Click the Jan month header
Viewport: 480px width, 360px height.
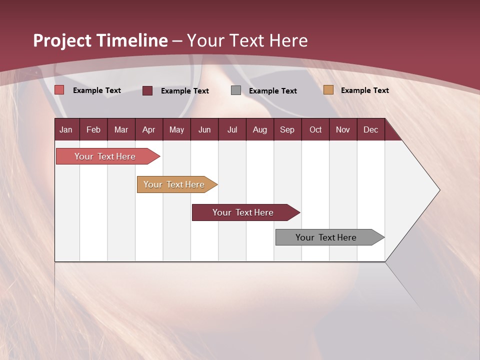pyautogui.click(x=66, y=129)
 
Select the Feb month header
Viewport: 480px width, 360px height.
pyautogui.click(x=93, y=129)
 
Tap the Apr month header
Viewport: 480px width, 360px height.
pyautogui.click(x=148, y=129)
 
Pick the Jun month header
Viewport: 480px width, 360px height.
pyautogui.click(x=204, y=129)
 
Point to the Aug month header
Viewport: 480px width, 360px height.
pyautogui.click(x=259, y=129)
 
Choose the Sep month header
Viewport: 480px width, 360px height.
pyautogui.click(x=287, y=129)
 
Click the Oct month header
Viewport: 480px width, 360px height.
pyautogui.click(x=315, y=129)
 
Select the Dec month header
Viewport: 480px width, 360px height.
pyautogui.click(x=370, y=129)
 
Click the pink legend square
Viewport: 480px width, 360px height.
pyautogui.click(x=59, y=90)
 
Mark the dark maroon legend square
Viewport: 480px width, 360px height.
pyautogui.click(x=147, y=90)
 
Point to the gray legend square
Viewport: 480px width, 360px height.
pyautogui.click(x=236, y=90)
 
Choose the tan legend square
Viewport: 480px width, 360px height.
pyautogui.click(x=328, y=90)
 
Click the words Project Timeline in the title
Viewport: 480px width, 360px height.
pyautogui.click(x=100, y=40)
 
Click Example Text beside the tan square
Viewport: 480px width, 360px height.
pyautogui.click(x=364, y=90)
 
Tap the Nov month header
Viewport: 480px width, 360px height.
pyautogui.click(x=343, y=129)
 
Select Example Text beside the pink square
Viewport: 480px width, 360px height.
pyautogui.click(x=97, y=90)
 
